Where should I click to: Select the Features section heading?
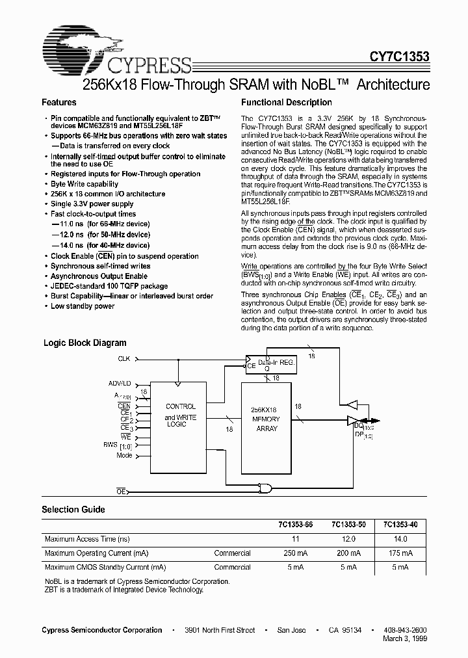click(x=59, y=103)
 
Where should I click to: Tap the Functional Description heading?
click(x=286, y=103)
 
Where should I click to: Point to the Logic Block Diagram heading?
click(x=84, y=343)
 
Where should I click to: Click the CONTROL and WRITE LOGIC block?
click(x=180, y=415)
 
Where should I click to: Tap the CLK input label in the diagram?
click(x=123, y=359)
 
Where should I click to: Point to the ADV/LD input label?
click(x=119, y=384)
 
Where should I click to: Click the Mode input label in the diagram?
click(x=123, y=455)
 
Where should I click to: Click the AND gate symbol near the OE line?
click(x=265, y=488)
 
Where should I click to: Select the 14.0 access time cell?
click(x=400, y=539)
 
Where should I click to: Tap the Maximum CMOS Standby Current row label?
click(x=105, y=567)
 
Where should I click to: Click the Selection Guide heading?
click(x=73, y=510)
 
